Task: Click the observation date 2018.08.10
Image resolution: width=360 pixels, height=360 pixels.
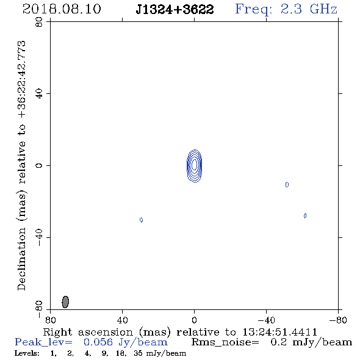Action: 62,9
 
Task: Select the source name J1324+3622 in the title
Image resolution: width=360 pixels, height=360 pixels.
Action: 175,9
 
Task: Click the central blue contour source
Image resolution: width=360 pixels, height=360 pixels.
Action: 195,166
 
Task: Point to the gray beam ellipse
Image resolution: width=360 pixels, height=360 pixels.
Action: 65,302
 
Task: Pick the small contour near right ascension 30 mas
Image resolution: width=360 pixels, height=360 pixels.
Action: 141,220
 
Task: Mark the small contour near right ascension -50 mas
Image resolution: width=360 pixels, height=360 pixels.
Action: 287,185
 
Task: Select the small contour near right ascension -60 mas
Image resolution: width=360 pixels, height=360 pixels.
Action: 305,216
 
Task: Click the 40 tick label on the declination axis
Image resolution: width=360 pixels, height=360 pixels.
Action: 39,94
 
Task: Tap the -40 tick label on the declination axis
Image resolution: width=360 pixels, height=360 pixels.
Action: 39,237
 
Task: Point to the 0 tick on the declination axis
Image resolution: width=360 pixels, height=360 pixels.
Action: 39,165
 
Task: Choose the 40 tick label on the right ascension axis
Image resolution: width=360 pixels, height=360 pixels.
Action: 123,320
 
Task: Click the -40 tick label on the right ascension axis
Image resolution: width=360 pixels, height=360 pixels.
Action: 266,320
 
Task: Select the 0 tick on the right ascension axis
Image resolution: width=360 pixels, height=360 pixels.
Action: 194,320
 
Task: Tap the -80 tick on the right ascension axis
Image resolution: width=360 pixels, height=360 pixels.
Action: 338,320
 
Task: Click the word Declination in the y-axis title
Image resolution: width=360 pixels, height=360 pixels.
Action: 21,259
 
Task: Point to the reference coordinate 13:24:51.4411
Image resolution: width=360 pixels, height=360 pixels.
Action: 279,332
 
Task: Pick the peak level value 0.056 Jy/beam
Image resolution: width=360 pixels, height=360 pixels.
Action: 126,342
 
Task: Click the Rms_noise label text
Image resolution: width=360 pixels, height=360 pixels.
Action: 225,342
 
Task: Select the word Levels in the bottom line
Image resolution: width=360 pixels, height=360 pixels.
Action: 27,353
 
